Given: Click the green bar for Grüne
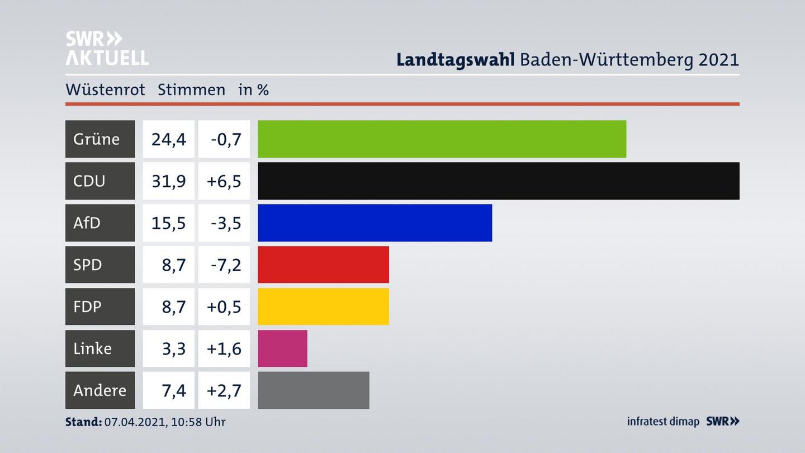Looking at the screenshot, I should (x=442, y=139).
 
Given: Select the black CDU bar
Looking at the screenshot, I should (x=498, y=181).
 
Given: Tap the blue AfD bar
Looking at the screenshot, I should (x=375, y=223).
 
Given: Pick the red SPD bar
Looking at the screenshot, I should (x=323, y=265).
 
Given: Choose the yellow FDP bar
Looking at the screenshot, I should (x=323, y=306).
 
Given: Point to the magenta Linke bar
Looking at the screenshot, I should (x=282, y=348).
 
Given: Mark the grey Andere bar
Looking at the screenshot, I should (x=313, y=390).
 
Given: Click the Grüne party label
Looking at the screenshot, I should (x=97, y=139).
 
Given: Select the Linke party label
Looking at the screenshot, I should (x=93, y=348).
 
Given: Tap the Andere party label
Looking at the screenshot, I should (x=100, y=390).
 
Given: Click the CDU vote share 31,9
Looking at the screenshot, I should (x=168, y=181).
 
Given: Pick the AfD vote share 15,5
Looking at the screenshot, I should (x=168, y=223).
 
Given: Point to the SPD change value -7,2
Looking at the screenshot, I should (x=226, y=265).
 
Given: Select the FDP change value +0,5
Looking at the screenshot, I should (x=224, y=306).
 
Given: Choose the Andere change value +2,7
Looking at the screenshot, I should (x=224, y=390).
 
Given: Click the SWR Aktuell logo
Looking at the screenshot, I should (x=107, y=48).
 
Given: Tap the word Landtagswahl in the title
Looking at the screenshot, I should (x=455, y=60).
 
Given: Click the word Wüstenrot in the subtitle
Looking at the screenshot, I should (x=105, y=89).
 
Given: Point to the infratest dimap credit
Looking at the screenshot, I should (x=663, y=422).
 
